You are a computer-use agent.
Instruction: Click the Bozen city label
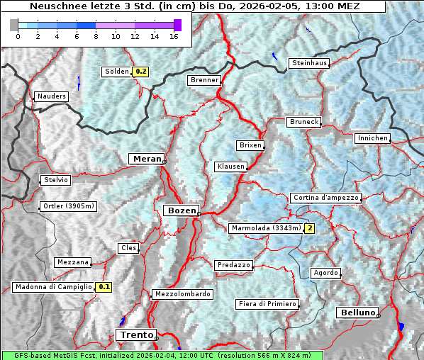(181, 210)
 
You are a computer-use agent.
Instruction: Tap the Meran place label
(145, 159)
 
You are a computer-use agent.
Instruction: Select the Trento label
(135, 334)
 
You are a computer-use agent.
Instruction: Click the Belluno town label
(357, 313)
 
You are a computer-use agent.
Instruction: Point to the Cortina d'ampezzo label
(325, 198)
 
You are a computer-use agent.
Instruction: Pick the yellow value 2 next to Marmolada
(309, 228)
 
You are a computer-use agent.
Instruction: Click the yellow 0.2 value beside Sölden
(140, 72)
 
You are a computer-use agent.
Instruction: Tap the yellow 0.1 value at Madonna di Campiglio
(104, 287)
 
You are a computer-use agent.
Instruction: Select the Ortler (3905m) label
(69, 207)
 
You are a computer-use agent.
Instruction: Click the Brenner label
(204, 80)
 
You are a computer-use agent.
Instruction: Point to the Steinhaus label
(310, 63)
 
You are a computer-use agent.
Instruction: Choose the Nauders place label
(51, 96)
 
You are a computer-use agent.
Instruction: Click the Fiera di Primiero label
(267, 304)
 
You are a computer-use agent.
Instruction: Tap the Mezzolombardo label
(182, 294)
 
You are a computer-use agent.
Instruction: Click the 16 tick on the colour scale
(173, 37)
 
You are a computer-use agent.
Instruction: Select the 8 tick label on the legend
(96, 37)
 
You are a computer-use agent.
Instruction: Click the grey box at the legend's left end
(14, 25)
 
